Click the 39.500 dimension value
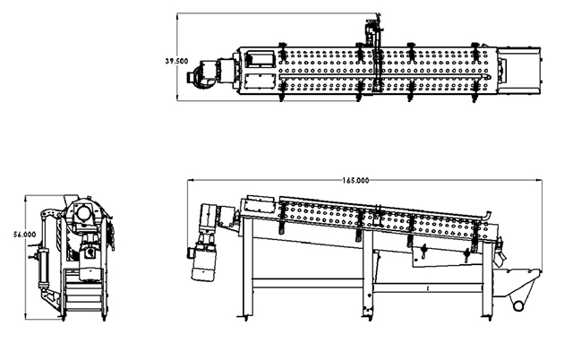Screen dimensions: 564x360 click(x=176, y=61)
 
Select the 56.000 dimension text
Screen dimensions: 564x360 click(x=25, y=235)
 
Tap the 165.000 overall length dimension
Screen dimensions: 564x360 click(x=355, y=180)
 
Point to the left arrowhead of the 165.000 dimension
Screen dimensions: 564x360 click(x=191, y=180)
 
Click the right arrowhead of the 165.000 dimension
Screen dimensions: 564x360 click(x=540, y=180)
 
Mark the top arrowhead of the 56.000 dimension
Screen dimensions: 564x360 click(x=26, y=198)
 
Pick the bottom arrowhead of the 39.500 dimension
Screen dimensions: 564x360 click(x=177, y=98)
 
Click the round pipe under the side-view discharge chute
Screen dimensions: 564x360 click(x=518, y=306)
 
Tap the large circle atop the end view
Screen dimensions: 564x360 click(x=83, y=212)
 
